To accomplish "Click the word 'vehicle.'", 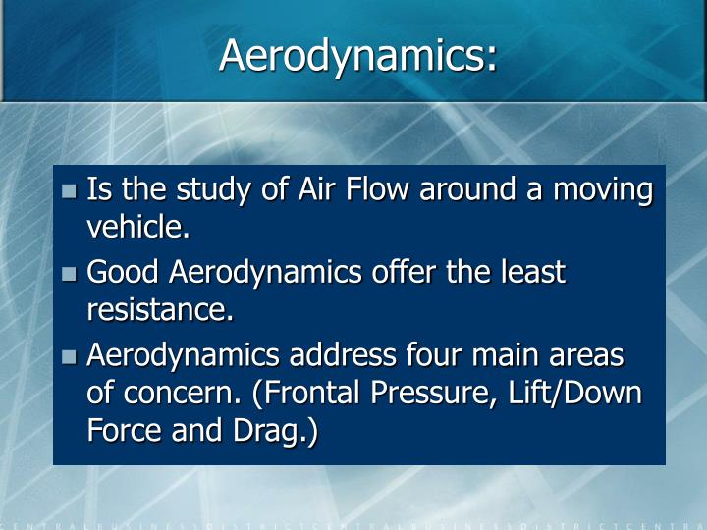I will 137,228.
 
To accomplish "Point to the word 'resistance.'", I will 161,310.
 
